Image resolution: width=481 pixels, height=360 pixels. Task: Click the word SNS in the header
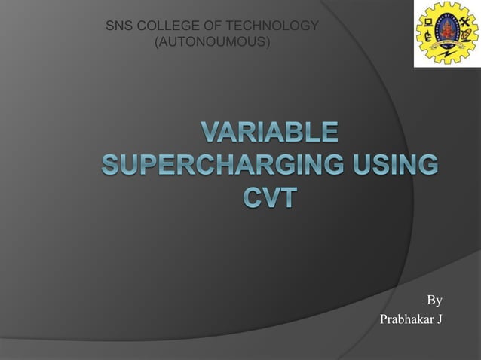(118, 27)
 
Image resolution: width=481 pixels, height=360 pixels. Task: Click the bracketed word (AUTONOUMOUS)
(211, 42)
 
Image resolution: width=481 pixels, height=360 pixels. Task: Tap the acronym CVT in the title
(269, 199)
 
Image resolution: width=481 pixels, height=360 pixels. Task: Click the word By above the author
(434, 301)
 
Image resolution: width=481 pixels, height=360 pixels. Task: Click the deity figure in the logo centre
(447, 29)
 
